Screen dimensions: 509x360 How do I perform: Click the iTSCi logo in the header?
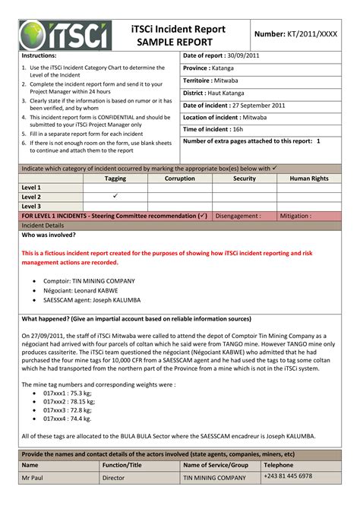(x=65, y=35)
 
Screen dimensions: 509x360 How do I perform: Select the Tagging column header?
(x=115, y=179)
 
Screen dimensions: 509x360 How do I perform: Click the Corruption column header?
(x=180, y=179)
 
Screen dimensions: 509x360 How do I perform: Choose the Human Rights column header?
(x=309, y=179)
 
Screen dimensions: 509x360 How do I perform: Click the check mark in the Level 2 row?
(x=115, y=196)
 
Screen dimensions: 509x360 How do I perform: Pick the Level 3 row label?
(x=31, y=206)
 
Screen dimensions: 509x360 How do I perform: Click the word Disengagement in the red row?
(x=238, y=216)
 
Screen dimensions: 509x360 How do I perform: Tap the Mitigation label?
(x=295, y=216)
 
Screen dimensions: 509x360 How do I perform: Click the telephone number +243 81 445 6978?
(x=288, y=476)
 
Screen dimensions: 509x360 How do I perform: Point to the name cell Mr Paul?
(x=34, y=477)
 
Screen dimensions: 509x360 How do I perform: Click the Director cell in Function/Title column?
(x=113, y=477)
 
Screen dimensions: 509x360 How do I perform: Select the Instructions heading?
(x=39, y=56)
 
